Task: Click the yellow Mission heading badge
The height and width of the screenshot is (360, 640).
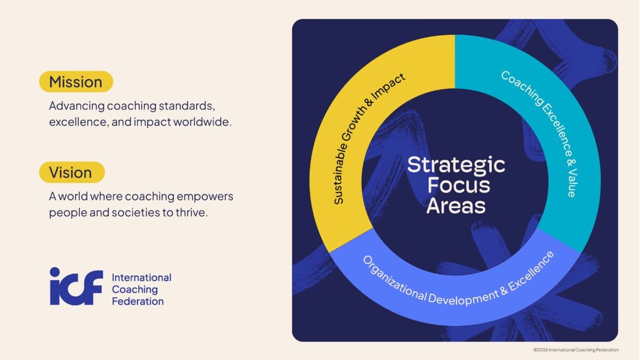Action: click(x=76, y=82)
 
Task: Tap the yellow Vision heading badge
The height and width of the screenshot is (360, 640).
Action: click(x=71, y=172)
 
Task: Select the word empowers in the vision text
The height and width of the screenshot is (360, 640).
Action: click(x=205, y=197)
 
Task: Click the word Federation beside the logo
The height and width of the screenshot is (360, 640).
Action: click(x=138, y=301)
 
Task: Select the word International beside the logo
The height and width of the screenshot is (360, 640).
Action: click(x=141, y=278)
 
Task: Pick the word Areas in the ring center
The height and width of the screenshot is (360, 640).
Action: click(x=455, y=205)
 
